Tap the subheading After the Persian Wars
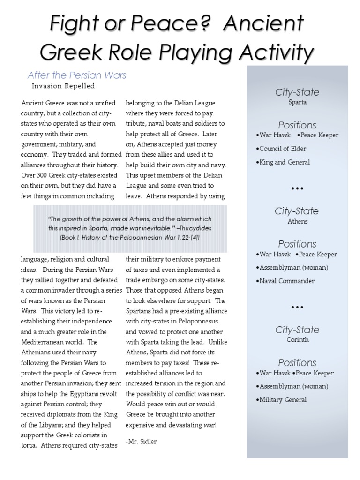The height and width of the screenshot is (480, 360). tap(77, 75)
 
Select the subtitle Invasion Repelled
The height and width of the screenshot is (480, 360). tap(63, 86)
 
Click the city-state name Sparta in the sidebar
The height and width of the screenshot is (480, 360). tap(297, 102)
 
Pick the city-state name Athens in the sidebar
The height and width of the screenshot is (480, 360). tap(297, 221)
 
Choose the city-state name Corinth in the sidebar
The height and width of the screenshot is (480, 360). tap(297, 339)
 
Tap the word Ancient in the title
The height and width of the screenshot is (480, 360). tap(266, 23)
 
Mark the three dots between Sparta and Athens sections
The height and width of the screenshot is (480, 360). tap(297, 188)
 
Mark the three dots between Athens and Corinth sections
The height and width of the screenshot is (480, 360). tap(297, 307)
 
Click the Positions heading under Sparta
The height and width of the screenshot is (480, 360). tap(297, 125)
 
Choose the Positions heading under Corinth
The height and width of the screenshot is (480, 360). tap(297, 362)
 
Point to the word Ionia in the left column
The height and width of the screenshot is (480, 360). tap(30, 445)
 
